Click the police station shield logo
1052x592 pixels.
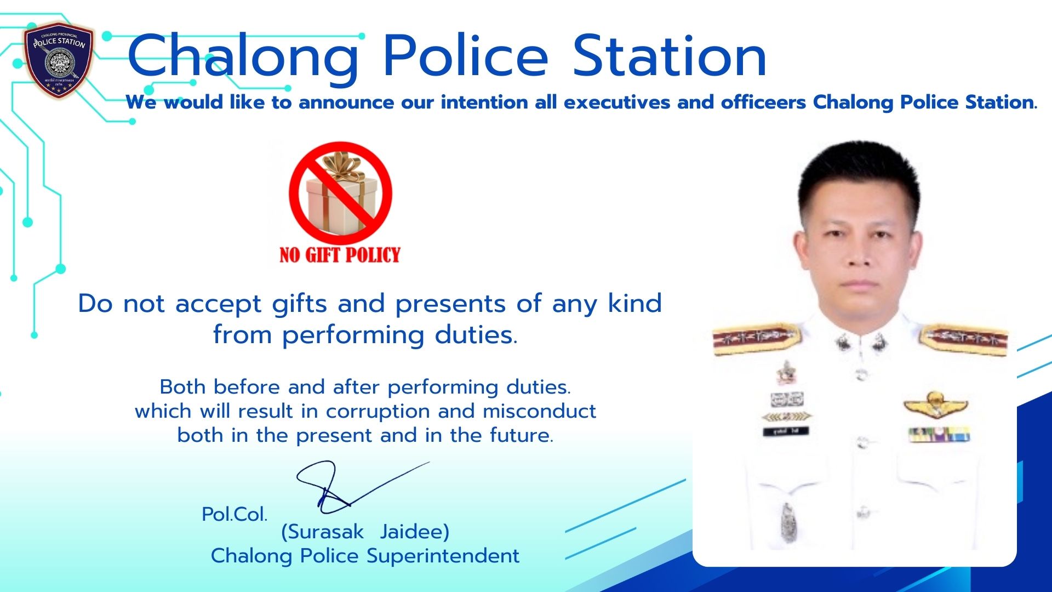pyautogui.click(x=59, y=60)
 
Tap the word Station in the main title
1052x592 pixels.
pyautogui.click(x=670, y=56)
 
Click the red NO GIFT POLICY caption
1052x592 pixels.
pyautogui.click(x=340, y=255)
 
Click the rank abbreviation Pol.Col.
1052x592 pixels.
pyautogui.click(x=235, y=514)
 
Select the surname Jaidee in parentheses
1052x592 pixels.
pyautogui.click(x=415, y=532)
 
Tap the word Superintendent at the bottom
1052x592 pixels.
pyautogui.click(x=443, y=556)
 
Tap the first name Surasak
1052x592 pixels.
pyautogui.click(x=322, y=532)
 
